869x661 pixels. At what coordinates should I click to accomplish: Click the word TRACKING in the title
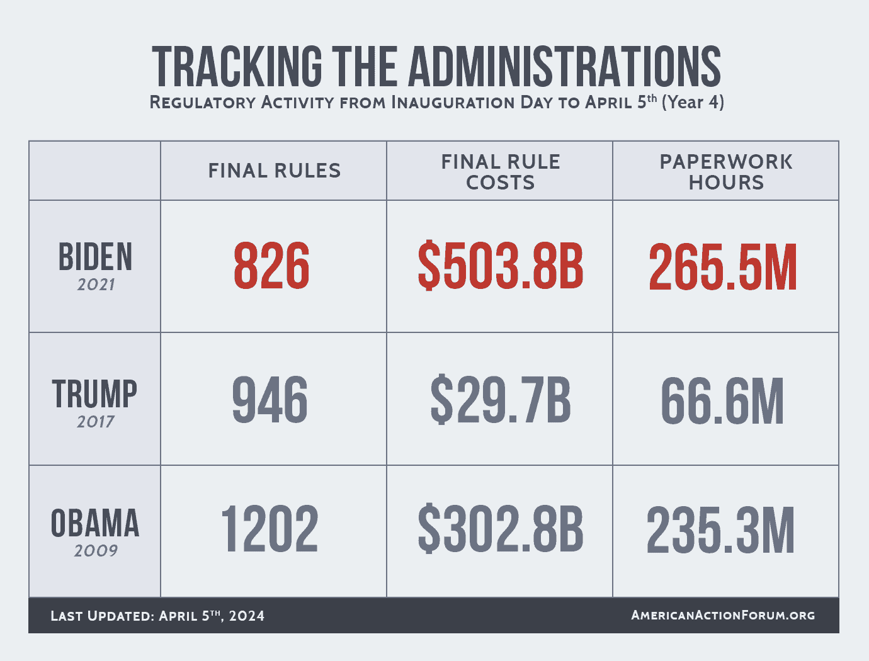point(237,66)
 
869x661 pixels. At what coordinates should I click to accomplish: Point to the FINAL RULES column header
point(274,171)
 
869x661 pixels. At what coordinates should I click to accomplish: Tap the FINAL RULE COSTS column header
point(500,172)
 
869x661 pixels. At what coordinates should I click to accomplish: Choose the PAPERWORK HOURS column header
point(726,172)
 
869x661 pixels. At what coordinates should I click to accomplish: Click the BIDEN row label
point(95,257)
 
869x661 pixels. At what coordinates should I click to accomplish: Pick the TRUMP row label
point(94,394)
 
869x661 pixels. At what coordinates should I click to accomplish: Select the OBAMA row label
point(95,524)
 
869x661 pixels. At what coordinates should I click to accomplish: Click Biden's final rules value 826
point(271,266)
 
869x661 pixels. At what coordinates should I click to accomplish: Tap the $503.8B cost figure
point(501,266)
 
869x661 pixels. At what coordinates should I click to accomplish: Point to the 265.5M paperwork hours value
point(723,268)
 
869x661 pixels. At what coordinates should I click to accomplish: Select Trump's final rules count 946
point(270,400)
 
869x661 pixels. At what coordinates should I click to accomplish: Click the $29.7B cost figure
point(501,400)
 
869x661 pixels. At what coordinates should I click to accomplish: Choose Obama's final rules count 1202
point(270,530)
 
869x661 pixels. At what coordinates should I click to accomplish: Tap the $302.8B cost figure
point(501,530)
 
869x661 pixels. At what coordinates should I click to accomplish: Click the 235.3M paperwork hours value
point(721,531)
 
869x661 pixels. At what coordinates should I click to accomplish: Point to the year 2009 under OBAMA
point(96,551)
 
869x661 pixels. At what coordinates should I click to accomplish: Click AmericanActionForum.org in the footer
point(723,615)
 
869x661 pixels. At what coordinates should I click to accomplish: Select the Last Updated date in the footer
point(157,616)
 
